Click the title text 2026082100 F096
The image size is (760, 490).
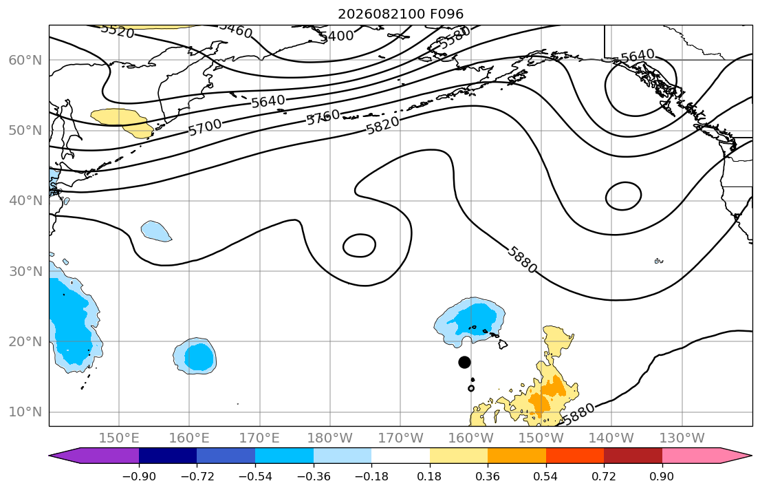(x=400, y=14)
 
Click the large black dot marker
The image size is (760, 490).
(x=464, y=362)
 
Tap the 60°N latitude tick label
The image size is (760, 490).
(x=25, y=60)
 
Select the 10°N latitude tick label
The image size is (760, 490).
(x=25, y=412)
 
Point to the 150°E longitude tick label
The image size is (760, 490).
(x=119, y=438)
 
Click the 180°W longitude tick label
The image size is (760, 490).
(x=330, y=438)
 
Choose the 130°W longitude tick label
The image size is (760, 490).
(x=682, y=438)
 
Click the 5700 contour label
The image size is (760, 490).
(x=205, y=127)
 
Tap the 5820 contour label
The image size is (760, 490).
(x=382, y=125)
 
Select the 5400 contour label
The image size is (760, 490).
(x=336, y=35)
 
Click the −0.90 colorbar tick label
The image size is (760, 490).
(x=139, y=476)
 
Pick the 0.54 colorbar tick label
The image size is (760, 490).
(x=546, y=476)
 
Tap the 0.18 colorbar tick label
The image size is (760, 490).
(x=429, y=476)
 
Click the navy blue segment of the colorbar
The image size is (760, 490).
(x=168, y=456)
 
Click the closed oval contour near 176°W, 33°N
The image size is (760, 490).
(x=343, y=246)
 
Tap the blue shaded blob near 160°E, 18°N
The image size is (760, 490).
(x=195, y=356)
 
